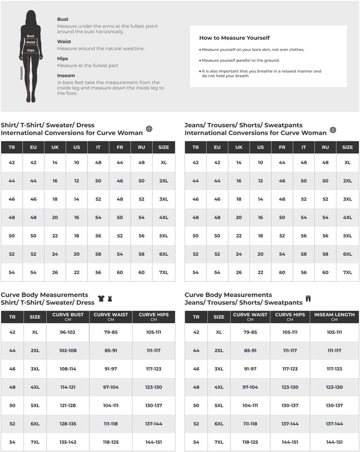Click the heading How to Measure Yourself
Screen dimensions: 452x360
(x=234, y=38)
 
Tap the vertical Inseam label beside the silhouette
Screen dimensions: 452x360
(x=21, y=73)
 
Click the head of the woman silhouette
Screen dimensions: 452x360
(x=31, y=15)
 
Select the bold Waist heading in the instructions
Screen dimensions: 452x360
(x=64, y=41)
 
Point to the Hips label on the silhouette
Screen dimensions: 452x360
(x=31, y=50)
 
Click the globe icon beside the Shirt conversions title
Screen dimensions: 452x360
(x=149, y=129)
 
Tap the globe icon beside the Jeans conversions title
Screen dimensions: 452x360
(x=333, y=130)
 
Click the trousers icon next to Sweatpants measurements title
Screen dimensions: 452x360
(x=308, y=299)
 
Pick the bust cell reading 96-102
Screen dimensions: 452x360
(x=67, y=332)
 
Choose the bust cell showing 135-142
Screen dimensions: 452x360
(x=67, y=442)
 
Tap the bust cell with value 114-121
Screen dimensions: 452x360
(x=67, y=387)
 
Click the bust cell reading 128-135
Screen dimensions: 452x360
(x=67, y=424)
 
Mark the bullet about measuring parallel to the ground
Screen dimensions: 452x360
(x=240, y=60)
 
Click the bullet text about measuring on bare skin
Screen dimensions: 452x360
(x=253, y=49)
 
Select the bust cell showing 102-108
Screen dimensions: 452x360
(x=67, y=351)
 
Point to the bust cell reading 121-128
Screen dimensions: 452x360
(x=67, y=406)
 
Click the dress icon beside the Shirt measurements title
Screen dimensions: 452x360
(x=109, y=299)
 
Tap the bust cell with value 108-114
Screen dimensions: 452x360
(x=67, y=369)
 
